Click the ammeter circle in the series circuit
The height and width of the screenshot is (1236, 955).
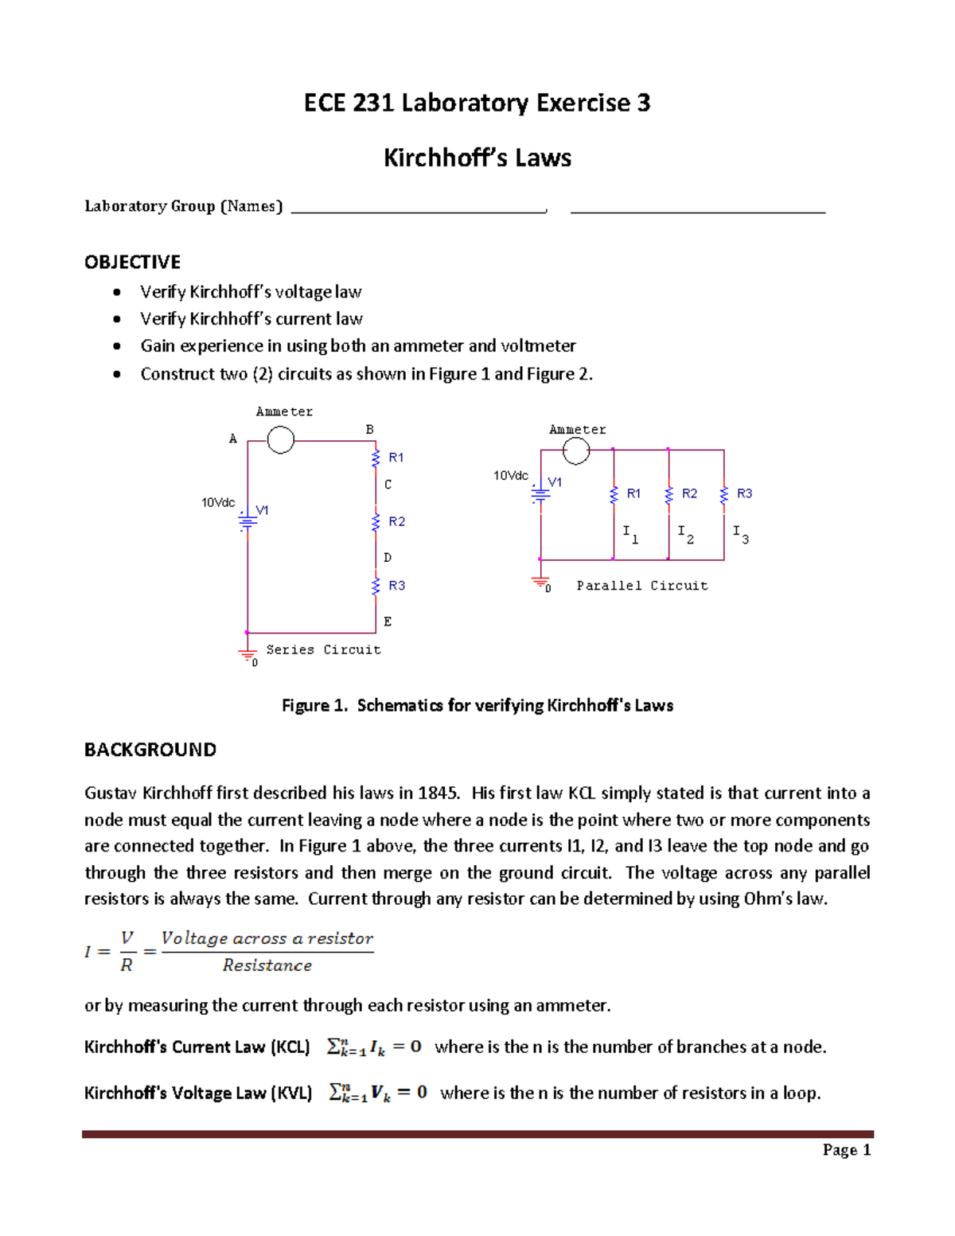click(280, 439)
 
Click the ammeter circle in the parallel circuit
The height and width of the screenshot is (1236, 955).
click(576, 450)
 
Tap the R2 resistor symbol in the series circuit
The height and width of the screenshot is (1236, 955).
click(376, 522)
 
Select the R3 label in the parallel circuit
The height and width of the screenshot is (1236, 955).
click(744, 493)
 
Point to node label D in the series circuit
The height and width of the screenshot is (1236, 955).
click(388, 558)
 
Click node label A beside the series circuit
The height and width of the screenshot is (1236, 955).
click(233, 439)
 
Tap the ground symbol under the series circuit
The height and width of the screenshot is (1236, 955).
click(248, 656)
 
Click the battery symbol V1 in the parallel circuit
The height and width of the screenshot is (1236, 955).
click(540, 493)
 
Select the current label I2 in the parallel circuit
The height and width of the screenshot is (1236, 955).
click(685, 533)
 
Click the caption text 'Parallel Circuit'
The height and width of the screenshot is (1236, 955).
click(641, 586)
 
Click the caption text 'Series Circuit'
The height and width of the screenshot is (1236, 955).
click(323, 649)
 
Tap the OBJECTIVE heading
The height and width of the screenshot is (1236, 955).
click(132, 262)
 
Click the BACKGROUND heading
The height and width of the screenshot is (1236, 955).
click(150, 750)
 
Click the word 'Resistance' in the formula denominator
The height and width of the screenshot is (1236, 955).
click(267, 965)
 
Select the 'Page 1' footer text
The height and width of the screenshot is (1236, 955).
click(847, 1149)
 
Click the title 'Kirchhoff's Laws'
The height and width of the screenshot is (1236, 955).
click(477, 158)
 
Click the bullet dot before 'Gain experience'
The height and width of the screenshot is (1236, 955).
click(117, 346)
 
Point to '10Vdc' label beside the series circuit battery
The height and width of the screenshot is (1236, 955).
click(218, 502)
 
